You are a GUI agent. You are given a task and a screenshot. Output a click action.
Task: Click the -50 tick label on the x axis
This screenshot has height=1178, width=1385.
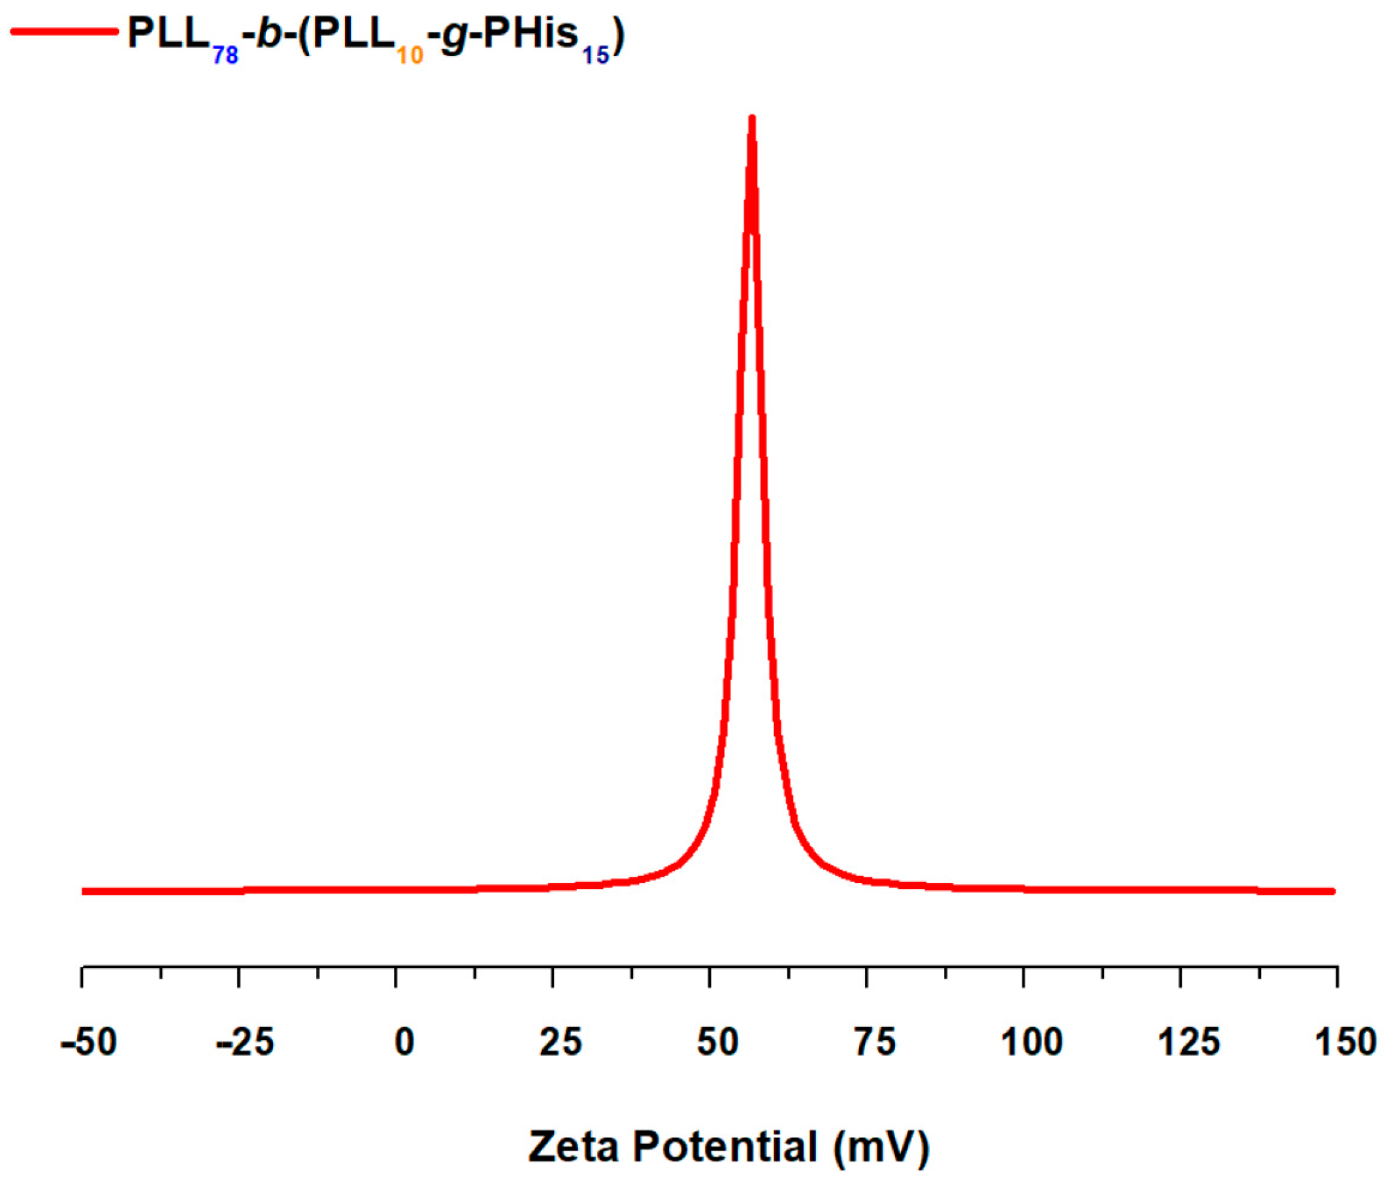tap(89, 1043)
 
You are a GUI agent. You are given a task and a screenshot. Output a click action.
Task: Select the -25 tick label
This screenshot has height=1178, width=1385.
tap(245, 1043)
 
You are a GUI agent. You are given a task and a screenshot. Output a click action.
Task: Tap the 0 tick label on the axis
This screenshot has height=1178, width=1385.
tap(404, 1043)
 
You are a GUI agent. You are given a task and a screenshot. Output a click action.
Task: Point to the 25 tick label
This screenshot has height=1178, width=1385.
tap(561, 1043)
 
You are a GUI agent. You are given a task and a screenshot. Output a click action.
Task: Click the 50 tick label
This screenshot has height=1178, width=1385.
tap(717, 1043)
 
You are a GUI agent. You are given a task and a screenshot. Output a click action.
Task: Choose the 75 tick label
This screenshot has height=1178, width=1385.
tap(874, 1043)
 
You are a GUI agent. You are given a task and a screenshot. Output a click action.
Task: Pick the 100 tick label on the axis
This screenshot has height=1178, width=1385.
tap(1032, 1043)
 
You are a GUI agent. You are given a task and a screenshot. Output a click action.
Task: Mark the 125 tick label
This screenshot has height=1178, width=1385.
tap(1189, 1043)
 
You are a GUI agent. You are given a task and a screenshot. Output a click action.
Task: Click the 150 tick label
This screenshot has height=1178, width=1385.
tap(1345, 1043)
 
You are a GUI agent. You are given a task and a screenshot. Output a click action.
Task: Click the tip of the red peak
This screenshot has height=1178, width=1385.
tap(752, 119)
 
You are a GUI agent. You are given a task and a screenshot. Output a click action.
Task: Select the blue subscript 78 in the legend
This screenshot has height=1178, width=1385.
tap(225, 56)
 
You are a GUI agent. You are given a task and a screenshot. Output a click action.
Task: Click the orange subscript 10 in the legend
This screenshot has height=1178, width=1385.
tap(410, 56)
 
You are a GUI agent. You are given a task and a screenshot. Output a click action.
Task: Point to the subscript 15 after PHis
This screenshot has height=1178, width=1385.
tap(595, 56)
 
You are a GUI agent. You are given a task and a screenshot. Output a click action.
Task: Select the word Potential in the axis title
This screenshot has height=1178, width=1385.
tap(725, 1147)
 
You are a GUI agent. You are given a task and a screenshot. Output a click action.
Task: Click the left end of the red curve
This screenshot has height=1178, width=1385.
tap(83, 891)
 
